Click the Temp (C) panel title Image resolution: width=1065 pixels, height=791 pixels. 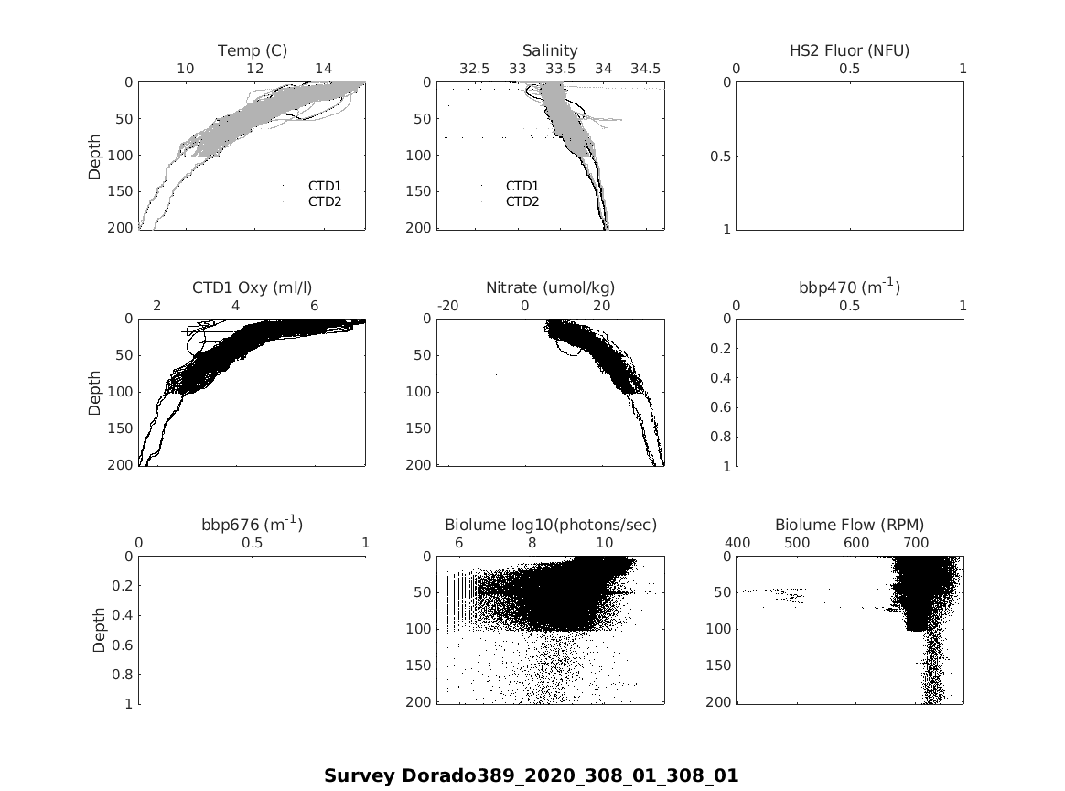pyautogui.click(x=252, y=50)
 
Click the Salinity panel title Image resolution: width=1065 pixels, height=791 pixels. pyautogui.click(x=550, y=50)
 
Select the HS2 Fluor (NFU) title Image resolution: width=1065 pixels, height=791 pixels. pyautogui.click(x=849, y=50)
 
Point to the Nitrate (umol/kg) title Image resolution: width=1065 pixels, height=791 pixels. pyautogui.click(x=550, y=287)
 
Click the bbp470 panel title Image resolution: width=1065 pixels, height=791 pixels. pyautogui.click(x=849, y=287)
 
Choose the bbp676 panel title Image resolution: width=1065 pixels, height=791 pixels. pyautogui.click(x=252, y=525)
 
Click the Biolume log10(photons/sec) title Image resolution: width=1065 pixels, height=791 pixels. pyautogui.click(x=551, y=525)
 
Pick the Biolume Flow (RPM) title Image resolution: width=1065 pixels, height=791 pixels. pyautogui.click(x=849, y=525)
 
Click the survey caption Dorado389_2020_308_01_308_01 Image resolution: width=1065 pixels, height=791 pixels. pyautogui.click(x=531, y=775)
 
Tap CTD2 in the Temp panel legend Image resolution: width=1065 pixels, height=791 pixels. pyautogui.click(x=324, y=201)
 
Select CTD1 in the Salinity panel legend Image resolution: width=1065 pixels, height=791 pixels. pyautogui.click(x=522, y=186)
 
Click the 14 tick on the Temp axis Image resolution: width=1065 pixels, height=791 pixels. pyautogui.click(x=324, y=69)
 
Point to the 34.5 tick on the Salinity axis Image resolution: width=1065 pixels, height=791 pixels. pyautogui.click(x=645, y=69)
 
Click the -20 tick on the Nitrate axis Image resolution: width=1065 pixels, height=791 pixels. pyautogui.click(x=448, y=306)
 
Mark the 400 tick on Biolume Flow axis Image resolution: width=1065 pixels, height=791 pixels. pyautogui.click(x=737, y=543)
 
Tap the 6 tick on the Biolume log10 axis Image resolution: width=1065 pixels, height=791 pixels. pyautogui.click(x=458, y=543)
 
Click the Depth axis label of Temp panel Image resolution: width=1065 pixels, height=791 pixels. pyautogui.click(x=95, y=155)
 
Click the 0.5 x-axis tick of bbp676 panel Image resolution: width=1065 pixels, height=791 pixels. pyautogui.click(x=253, y=543)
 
